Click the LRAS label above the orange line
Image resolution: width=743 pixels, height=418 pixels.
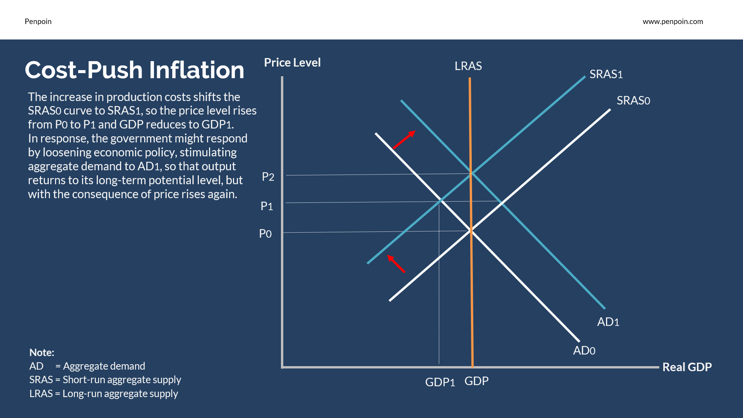(x=468, y=66)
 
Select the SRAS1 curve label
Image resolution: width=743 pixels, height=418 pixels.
(x=606, y=74)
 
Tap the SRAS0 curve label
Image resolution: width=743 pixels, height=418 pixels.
(x=633, y=101)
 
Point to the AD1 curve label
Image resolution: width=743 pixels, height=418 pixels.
(x=608, y=322)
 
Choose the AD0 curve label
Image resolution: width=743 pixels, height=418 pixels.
(x=584, y=351)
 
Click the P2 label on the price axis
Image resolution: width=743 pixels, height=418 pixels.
(x=268, y=177)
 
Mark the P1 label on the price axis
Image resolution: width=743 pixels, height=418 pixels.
(x=267, y=206)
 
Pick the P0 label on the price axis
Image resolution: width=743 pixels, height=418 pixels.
(x=265, y=234)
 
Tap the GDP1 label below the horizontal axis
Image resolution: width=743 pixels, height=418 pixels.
(x=440, y=382)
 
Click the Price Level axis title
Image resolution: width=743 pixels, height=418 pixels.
(x=292, y=63)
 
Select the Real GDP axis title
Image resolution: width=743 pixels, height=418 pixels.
(x=687, y=367)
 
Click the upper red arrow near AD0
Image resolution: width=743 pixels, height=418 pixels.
(x=404, y=139)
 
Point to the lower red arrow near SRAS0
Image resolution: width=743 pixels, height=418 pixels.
(x=396, y=264)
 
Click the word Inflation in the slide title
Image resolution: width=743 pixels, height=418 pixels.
(x=197, y=70)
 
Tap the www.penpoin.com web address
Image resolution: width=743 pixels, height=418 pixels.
(x=673, y=22)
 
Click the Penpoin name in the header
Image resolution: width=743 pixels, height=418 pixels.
(x=38, y=22)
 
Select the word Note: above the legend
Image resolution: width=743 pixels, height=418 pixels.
(x=42, y=353)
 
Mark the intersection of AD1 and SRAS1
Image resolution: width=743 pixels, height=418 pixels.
(x=471, y=174)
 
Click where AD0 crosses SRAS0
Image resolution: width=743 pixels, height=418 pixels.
(x=471, y=231)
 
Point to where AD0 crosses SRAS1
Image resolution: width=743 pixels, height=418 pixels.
(x=441, y=200)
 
